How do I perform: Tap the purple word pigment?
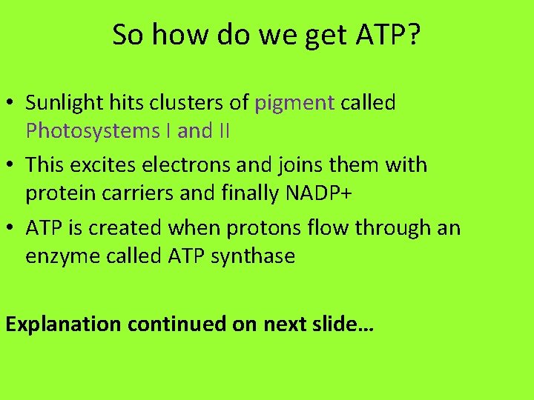294,104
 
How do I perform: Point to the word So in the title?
125,35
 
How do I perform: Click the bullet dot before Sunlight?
13,104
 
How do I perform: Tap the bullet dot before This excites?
13,165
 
